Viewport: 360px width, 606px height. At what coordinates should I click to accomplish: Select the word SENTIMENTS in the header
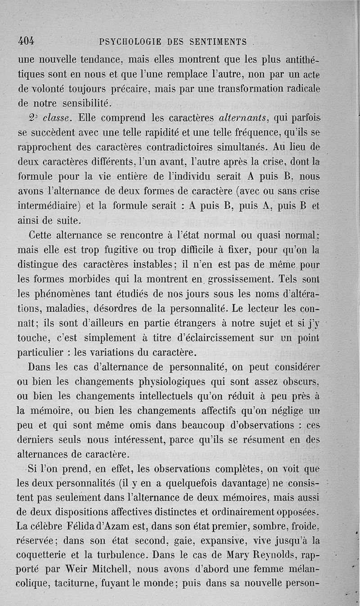(217, 42)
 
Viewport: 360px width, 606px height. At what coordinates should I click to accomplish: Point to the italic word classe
(56, 119)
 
